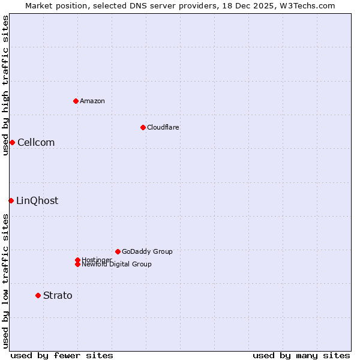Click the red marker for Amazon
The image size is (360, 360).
coord(76,101)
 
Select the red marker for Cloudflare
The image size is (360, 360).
coord(143,127)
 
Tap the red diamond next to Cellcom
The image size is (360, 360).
coord(12,142)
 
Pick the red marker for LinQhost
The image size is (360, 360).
coord(11,200)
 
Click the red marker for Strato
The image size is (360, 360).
coord(38,295)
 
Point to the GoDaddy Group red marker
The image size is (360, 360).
coord(118,251)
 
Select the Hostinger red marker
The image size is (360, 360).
coord(77,260)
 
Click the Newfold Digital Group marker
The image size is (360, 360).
coord(77,264)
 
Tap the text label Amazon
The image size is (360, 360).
coord(92,101)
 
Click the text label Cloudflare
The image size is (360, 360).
coord(163,127)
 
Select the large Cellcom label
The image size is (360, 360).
coord(36,142)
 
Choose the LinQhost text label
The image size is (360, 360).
coord(37,200)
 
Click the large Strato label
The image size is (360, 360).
coord(58,295)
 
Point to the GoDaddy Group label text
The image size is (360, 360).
coord(147,251)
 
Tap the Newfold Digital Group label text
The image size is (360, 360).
coord(116,265)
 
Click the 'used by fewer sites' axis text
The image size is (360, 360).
coord(62,355)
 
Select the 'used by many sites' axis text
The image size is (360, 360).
coord(301,355)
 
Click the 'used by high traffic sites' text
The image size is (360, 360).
coord(5,85)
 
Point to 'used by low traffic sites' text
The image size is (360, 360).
coord(5,281)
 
